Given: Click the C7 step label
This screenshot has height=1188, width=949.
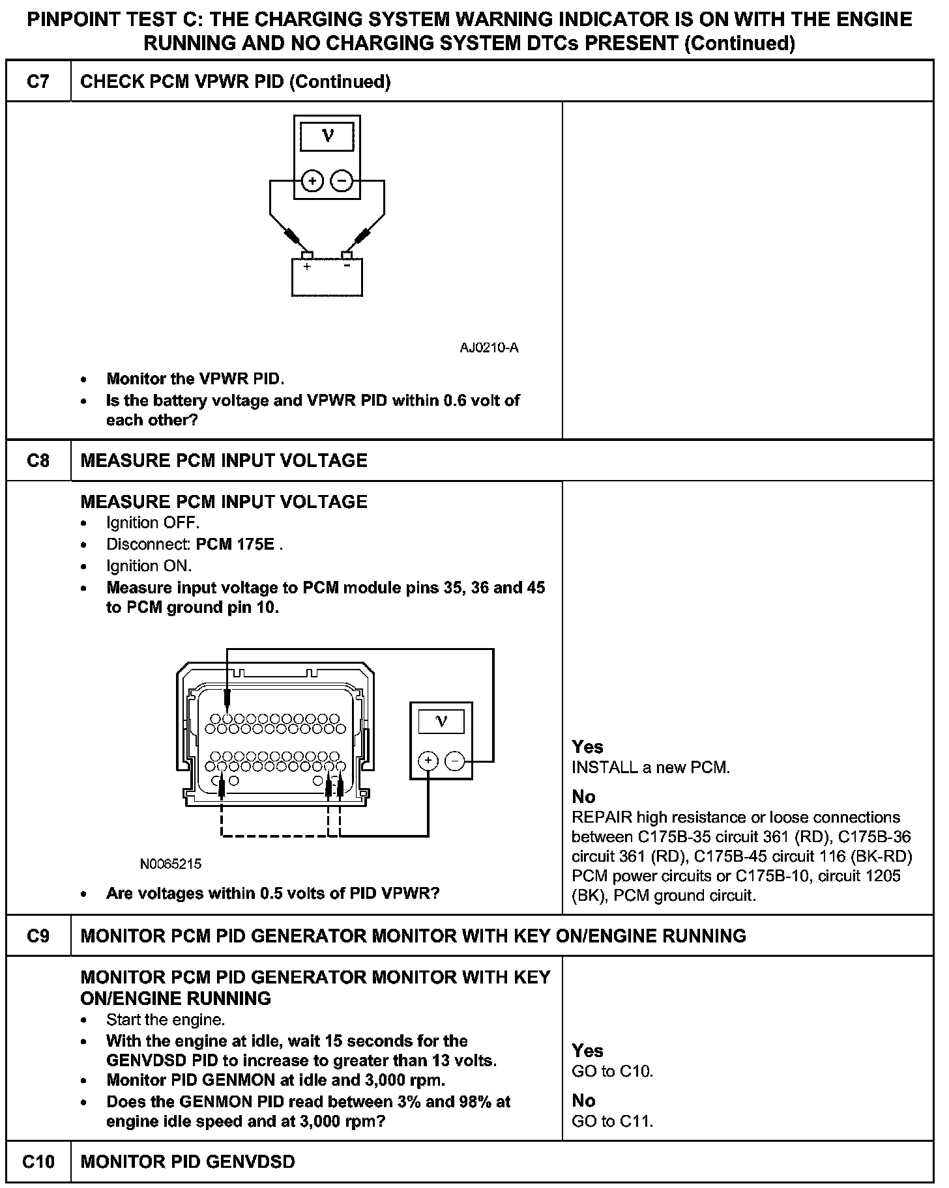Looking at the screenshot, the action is [x=38, y=81].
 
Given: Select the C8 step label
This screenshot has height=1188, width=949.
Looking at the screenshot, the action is [x=38, y=460].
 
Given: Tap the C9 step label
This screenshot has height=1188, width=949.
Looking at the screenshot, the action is [x=38, y=936].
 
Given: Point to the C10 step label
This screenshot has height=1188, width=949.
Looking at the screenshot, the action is [x=38, y=1161].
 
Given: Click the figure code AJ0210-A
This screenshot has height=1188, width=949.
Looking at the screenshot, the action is [x=489, y=348].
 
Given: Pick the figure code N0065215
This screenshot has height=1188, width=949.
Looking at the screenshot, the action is [x=171, y=864].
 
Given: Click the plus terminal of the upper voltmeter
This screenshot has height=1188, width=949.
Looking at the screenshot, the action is [x=313, y=180].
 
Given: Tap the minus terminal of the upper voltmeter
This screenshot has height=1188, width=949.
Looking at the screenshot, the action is [x=342, y=180].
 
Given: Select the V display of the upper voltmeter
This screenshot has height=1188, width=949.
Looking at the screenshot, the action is [x=327, y=137].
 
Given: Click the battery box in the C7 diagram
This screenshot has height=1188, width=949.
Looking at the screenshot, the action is [x=327, y=277].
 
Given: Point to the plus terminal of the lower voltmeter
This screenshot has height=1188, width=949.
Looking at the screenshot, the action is [x=428, y=760].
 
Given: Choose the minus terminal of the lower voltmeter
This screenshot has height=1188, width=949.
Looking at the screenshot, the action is [x=455, y=760].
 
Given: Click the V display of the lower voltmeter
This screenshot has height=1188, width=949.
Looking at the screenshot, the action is [x=441, y=722].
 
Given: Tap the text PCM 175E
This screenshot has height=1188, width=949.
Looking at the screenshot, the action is [x=235, y=544].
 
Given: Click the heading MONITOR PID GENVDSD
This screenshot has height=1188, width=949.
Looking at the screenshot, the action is [x=188, y=1161].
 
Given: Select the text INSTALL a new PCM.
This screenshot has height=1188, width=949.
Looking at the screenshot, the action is [x=651, y=768].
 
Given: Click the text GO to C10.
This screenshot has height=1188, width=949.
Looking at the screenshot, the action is [x=613, y=1071].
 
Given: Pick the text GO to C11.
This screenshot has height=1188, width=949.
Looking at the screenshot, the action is [x=613, y=1121].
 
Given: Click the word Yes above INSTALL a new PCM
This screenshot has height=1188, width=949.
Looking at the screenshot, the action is [x=587, y=747].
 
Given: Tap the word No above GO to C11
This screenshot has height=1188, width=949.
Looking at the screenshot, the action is [x=584, y=1100].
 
